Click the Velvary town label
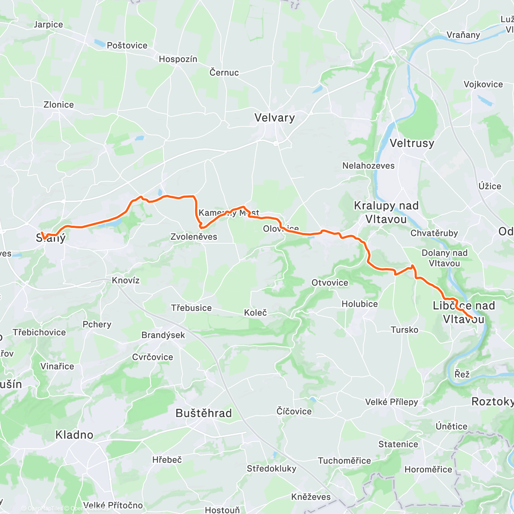coord(275,118)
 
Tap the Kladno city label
coord(74,435)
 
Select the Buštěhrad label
coord(204,413)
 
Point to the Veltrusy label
coord(412,143)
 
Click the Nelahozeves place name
coord(368,166)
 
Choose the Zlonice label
coord(59,105)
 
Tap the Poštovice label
coord(127,45)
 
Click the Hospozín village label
coord(178,59)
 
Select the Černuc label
coord(224,72)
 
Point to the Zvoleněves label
coord(194,237)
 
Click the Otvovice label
coord(330,283)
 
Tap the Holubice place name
coord(360,304)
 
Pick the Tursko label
coord(404,330)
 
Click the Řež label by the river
coord(462,374)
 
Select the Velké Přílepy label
coord(391,402)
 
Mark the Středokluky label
coord(272,469)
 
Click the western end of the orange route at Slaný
coord(42,233)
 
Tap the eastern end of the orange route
coord(472,318)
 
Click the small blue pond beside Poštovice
coord(99,43)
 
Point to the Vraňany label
coord(463,35)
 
